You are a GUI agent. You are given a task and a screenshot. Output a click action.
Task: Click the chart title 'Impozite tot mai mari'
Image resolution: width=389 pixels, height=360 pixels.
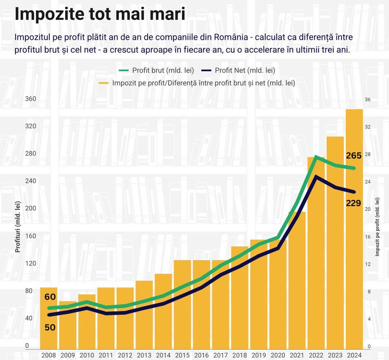(100, 14)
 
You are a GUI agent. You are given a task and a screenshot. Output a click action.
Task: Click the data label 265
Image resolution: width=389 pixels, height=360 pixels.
(354, 156)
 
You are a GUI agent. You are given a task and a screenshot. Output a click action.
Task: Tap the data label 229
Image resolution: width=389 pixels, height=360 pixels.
(354, 203)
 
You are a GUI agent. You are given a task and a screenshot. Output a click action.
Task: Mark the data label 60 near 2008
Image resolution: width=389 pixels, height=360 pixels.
(50, 297)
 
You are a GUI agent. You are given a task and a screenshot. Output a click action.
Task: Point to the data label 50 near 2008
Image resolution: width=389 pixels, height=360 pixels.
(50, 327)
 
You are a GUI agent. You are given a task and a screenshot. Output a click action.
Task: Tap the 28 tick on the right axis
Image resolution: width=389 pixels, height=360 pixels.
(368, 154)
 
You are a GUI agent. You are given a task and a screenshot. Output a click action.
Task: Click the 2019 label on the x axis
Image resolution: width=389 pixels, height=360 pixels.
(258, 355)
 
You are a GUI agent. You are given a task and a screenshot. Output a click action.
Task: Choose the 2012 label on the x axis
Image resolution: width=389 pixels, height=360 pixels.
(125, 355)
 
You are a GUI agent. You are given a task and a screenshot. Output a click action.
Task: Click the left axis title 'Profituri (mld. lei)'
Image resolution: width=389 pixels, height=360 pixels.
(18, 227)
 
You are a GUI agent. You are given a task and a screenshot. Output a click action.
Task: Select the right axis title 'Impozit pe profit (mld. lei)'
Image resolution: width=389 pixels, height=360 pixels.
(377, 227)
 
